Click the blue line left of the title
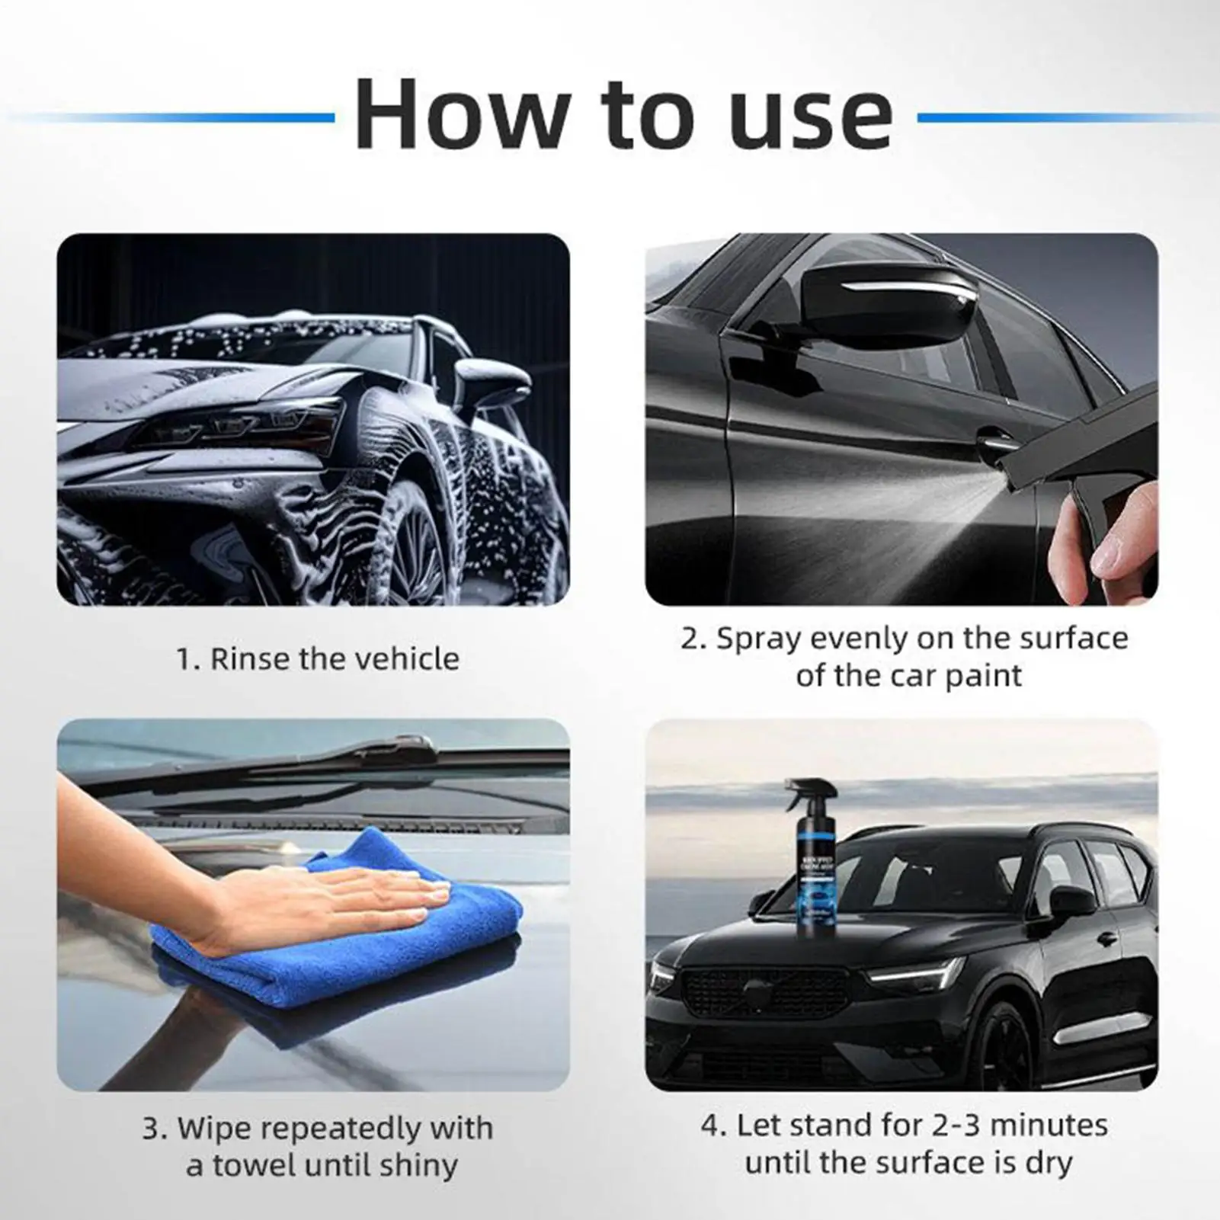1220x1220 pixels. click(175, 117)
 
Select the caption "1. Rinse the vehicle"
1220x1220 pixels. click(318, 658)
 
